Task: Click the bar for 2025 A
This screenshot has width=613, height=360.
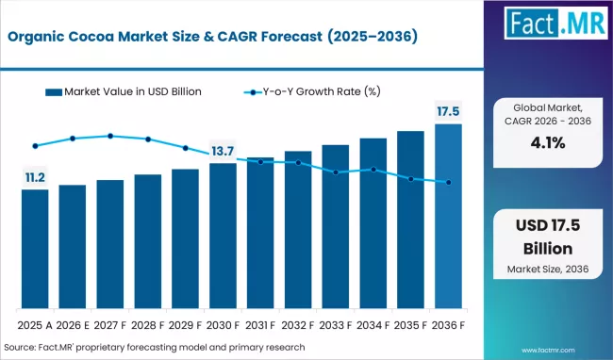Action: click(x=35, y=250)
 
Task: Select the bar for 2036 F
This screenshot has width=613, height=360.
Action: click(x=448, y=217)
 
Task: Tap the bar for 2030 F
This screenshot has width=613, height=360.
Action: click(x=223, y=237)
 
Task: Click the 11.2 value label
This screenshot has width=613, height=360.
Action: click(x=35, y=176)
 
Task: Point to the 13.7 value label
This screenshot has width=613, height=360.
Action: click(x=223, y=151)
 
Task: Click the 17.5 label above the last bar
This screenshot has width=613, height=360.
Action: click(x=448, y=111)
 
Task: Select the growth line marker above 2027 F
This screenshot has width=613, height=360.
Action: click(x=110, y=136)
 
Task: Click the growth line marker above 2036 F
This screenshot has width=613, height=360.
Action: click(x=449, y=182)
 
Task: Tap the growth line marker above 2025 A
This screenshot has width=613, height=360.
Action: click(x=35, y=146)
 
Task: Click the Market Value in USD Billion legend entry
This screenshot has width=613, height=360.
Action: click(x=128, y=91)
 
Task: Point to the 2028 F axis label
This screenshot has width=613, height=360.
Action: click(x=147, y=323)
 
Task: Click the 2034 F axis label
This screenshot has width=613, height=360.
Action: click(x=373, y=323)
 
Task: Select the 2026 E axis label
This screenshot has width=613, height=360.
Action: click(x=73, y=323)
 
